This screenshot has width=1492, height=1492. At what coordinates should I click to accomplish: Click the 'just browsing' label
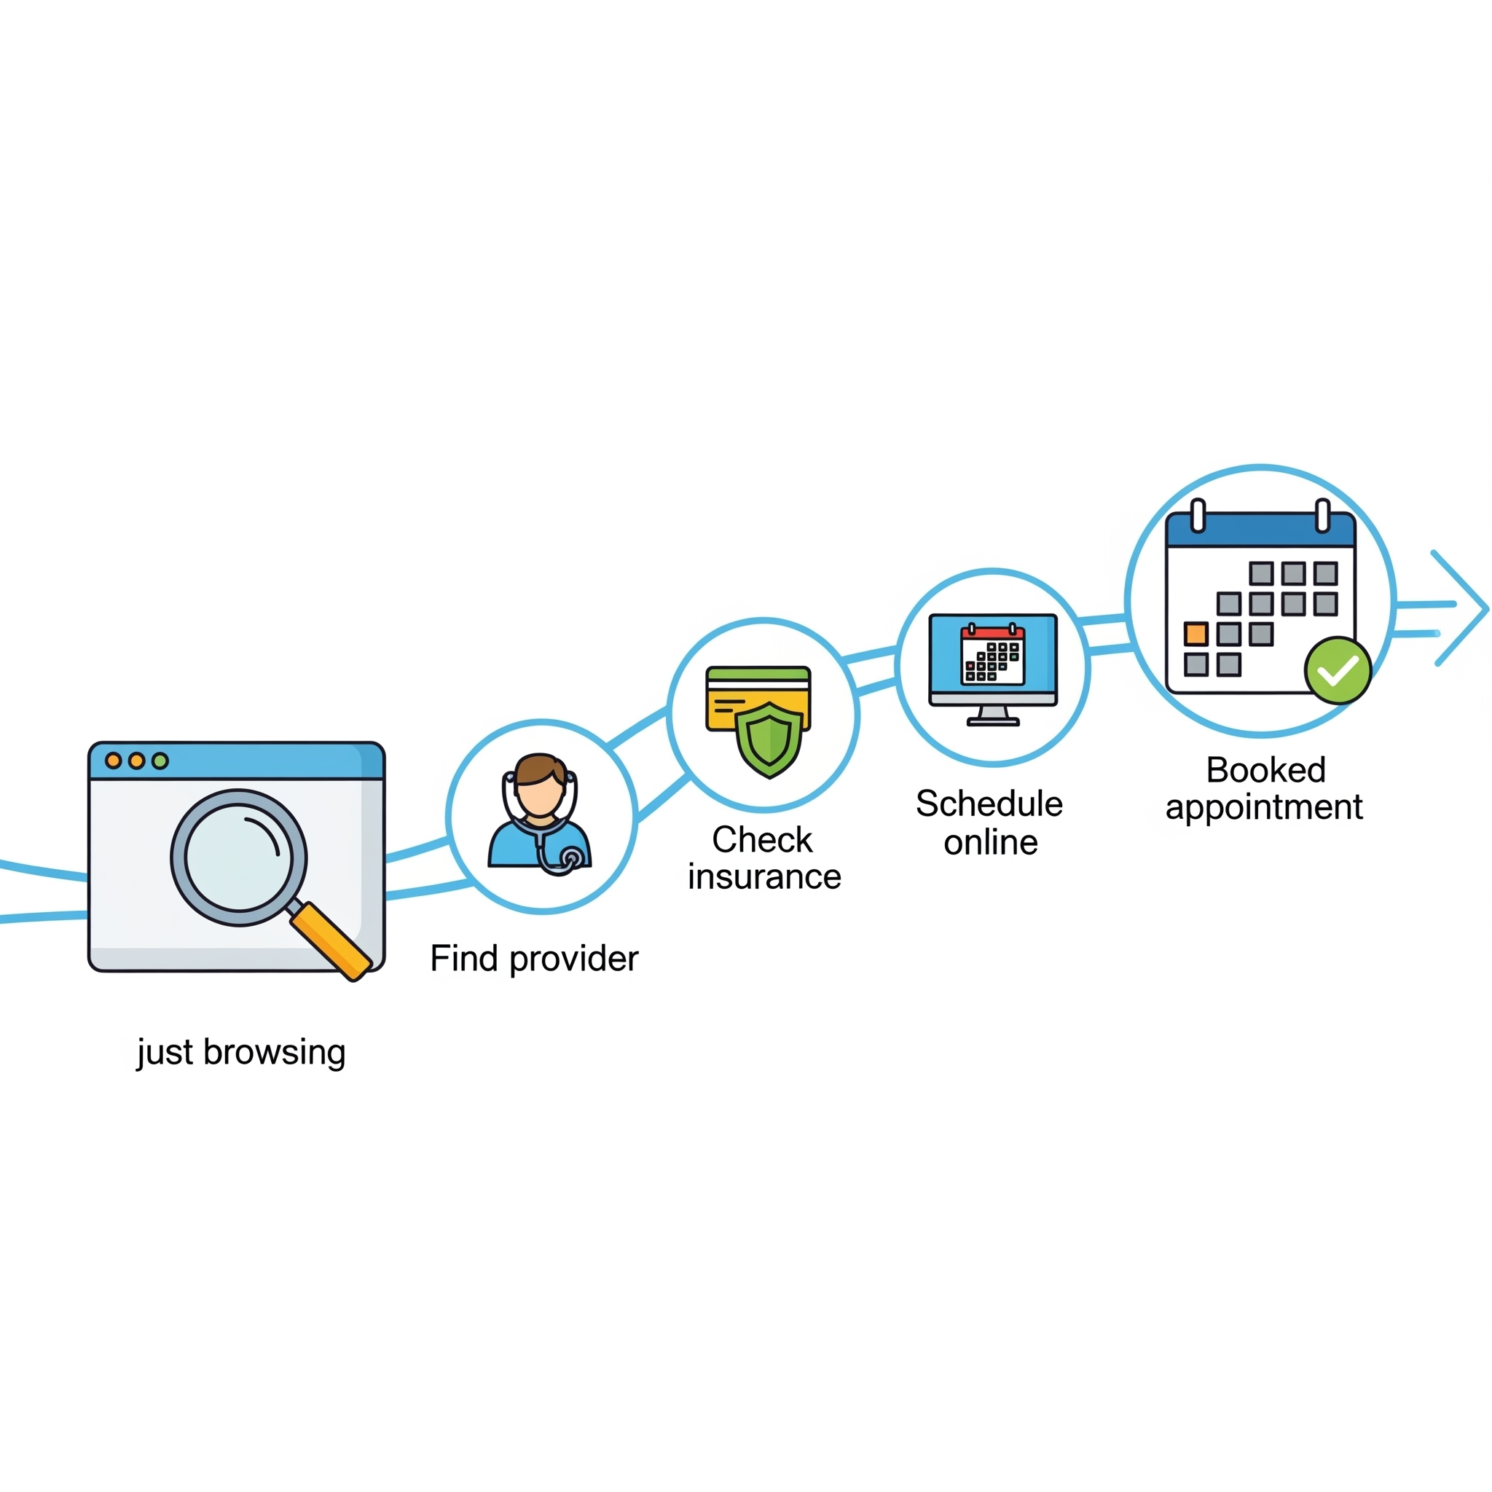(241, 1053)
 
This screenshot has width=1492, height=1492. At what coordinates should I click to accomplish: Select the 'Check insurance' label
(763, 858)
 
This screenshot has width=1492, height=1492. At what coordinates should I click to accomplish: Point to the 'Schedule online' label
(989, 822)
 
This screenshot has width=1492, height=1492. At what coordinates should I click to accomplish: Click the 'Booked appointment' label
(1264, 788)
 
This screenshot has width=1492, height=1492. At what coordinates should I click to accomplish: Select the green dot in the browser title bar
(160, 761)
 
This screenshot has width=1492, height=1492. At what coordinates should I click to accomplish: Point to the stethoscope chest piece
(571, 857)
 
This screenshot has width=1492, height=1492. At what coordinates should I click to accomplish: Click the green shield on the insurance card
(769, 740)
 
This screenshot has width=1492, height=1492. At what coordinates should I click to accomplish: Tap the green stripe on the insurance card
(758, 674)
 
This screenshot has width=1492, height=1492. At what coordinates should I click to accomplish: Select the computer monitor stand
(993, 717)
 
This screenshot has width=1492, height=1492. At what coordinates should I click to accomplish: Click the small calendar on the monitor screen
(992, 655)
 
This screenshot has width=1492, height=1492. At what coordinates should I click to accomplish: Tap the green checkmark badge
(1338, 670)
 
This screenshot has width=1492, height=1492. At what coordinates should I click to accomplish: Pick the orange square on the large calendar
(1195, 634)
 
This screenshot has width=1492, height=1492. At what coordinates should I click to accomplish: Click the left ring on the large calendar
(1198, 516)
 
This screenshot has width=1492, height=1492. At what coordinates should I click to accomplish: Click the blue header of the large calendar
(1260, 532)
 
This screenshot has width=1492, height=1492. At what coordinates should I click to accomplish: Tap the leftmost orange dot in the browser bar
(114, 761)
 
